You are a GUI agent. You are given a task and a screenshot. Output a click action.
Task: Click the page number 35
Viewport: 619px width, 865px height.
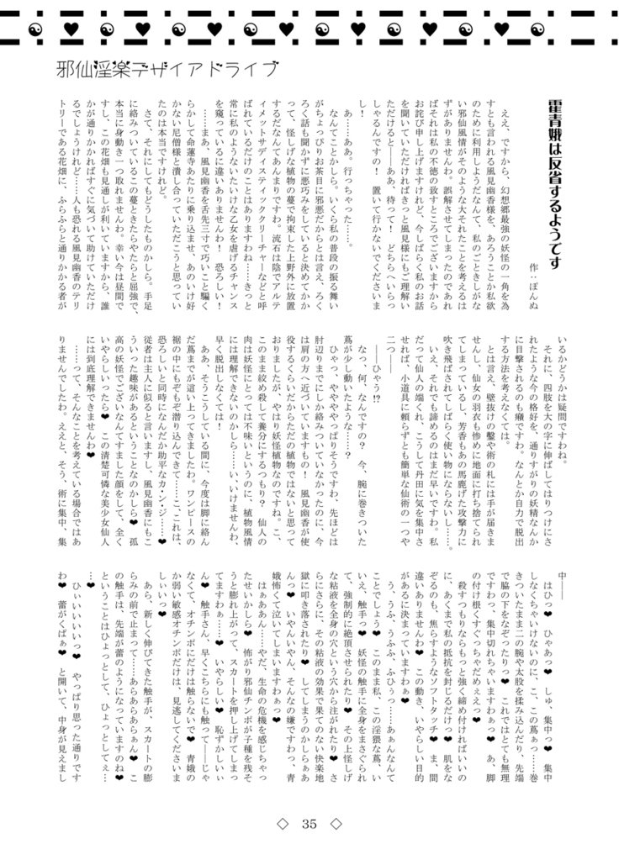tap(309, 824)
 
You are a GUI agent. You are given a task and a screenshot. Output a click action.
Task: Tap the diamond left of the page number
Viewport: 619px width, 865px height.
tap(283, 824)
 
